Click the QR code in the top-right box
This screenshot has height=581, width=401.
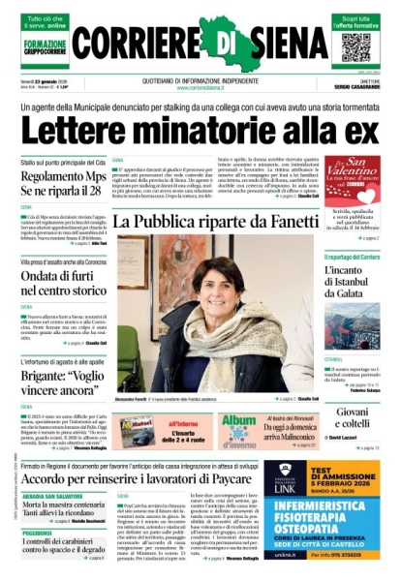pos(355,47)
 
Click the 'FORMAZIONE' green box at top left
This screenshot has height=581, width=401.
pos(46,46)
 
